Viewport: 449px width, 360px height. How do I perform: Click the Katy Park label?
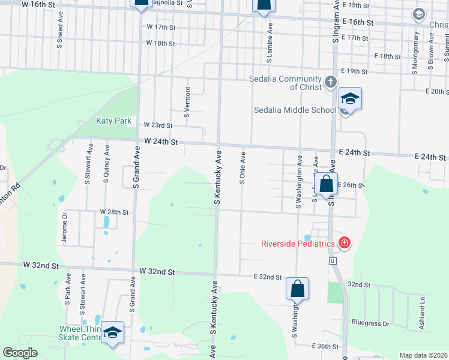click(x=113, y=121)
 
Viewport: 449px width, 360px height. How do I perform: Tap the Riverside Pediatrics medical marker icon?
click(x=345, y=243)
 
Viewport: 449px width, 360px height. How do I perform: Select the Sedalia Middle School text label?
click(x=295, y=110)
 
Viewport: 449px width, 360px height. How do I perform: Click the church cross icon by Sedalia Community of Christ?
click(x=330, y=82)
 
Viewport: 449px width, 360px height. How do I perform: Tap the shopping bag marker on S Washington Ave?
click(x=297, y=289)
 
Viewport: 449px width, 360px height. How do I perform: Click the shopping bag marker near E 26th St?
click(x=326, y=184)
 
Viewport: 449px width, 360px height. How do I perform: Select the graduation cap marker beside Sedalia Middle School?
click(x=350, y=98)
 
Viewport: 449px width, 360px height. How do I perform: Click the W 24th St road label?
click(x=161, y=142)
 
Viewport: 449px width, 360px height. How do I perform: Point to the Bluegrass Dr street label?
click(x=371, y=323)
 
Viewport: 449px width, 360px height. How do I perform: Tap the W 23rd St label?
click(x=158, y=125)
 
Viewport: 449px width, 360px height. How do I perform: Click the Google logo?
click(x=20, y=353)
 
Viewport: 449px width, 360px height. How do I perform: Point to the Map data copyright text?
click(x=423, y=355)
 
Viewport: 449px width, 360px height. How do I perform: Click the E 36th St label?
click(x=327, y=346)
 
